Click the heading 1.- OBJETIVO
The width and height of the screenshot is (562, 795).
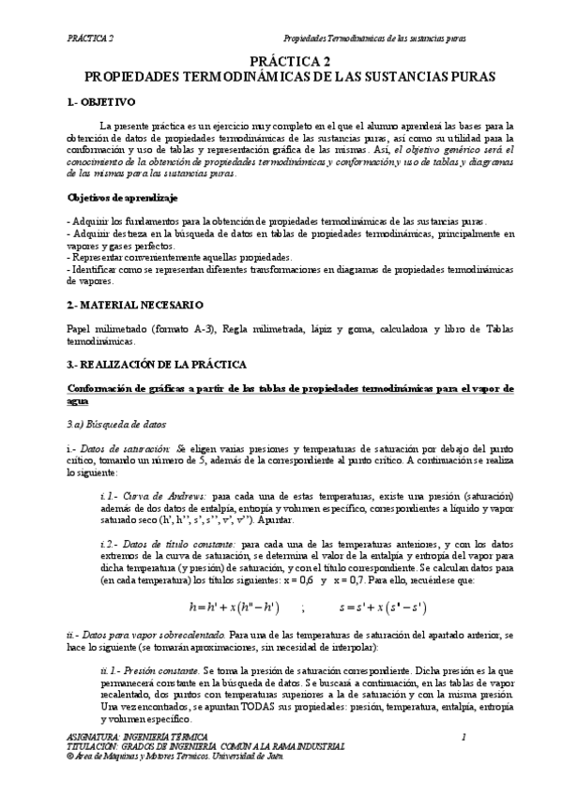[x=103, y=100]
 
